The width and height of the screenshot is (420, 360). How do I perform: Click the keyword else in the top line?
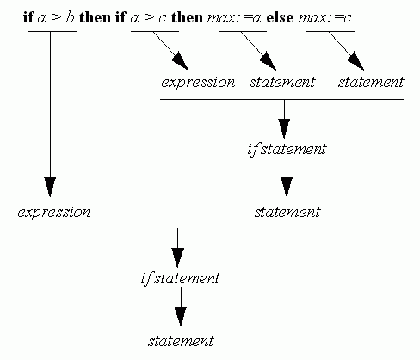(x=280, y=17)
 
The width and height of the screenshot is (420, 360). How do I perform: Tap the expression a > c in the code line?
(x=148, y=17)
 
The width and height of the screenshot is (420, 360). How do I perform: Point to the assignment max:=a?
(x=234, y=17)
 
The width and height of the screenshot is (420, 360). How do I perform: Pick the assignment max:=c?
(x=324, y=17)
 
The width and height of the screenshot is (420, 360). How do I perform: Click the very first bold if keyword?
(x=28, y=17)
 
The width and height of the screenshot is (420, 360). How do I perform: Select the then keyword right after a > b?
(x=95, y=17)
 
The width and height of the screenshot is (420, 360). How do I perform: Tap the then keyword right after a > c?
(x=187, y=17)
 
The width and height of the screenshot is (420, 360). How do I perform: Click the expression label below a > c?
(x=198, y=83)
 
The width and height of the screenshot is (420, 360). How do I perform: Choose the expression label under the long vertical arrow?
(x=54, y=213)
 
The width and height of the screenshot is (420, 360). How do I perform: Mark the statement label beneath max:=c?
(x=371, y=82)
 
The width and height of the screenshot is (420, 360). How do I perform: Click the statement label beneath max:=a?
(x=282, y=82)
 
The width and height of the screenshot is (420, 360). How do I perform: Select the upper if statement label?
(x=287, y=149)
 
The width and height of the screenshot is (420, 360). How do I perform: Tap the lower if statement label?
(x=180, y=278)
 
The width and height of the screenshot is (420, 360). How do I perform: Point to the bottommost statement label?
(x=181, y=341)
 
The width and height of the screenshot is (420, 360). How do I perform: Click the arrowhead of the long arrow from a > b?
(x=50, y=187)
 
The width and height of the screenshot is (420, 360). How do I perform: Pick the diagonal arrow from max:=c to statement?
(x=346, y=51)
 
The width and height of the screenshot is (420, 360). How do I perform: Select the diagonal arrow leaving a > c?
(x=170, y=51)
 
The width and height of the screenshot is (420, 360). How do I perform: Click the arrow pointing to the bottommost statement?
(x=181, y=306)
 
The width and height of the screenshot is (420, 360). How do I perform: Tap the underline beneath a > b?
(x=52, y=31)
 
